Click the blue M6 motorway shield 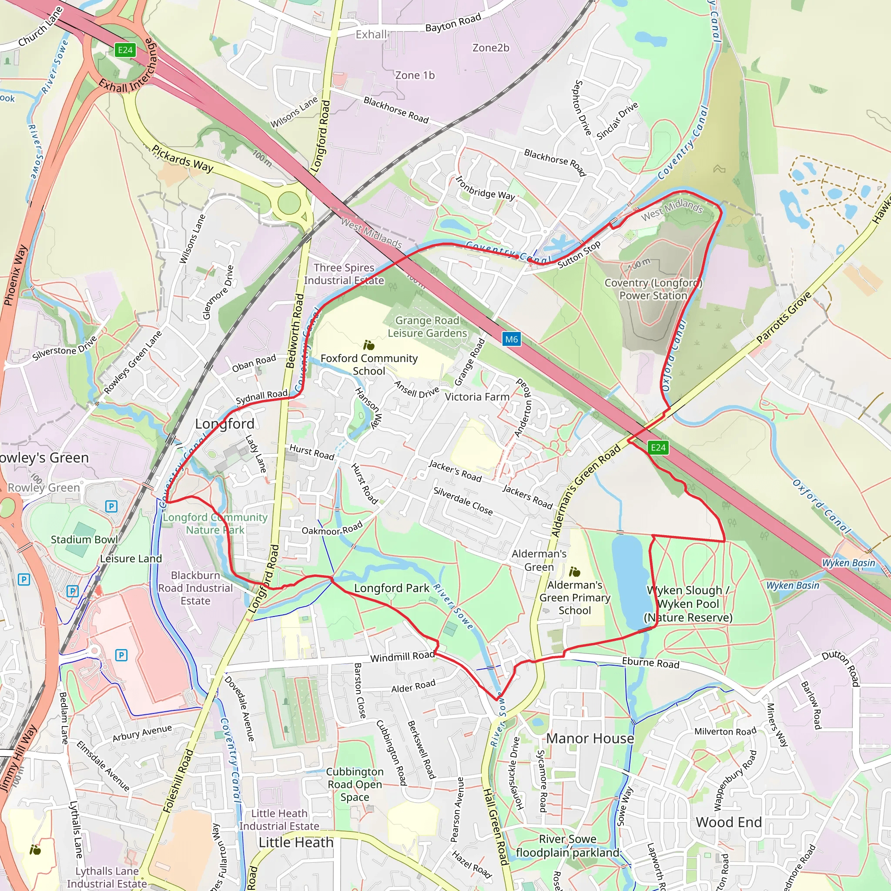pos(512,339)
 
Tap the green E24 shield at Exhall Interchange pos(125,50)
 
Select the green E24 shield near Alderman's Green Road pos(658,447)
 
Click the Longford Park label pos(392,588)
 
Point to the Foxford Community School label pos(369,364)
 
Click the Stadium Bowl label pos(84,539)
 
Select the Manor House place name pos(590,738)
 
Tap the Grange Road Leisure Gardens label pos(427,327)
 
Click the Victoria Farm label pos(477,397)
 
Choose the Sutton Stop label pos(579,255)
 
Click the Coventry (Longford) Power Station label pos(653,289)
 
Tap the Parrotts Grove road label pos(784,318)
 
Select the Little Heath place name pos(295,842)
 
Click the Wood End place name pos(729,822)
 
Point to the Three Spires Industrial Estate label pos(344,274)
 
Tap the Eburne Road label pos(650,663)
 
